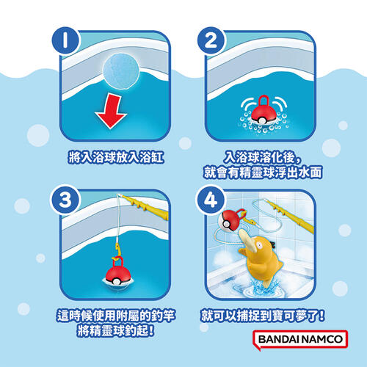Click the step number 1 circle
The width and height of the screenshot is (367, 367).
click(65, 40)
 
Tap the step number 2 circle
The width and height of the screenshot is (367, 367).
click(211, 40)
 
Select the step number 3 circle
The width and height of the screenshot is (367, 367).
click(65, 200)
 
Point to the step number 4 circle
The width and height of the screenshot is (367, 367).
click(211, 200)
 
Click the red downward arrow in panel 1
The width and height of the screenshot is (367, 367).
click(112, 112)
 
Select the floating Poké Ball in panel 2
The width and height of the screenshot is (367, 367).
click(263, 112)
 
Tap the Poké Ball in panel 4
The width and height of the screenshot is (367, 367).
click(231, 219)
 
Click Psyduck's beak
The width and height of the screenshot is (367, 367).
click(247, 241)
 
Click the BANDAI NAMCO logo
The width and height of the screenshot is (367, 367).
click(300, 339)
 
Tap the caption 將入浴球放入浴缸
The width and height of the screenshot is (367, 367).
click(116, 157)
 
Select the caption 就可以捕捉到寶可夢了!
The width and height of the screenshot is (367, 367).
click(263, 316)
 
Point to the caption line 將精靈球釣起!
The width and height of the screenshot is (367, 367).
click(116, 331)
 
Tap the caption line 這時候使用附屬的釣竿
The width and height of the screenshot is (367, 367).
click(116, 316)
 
